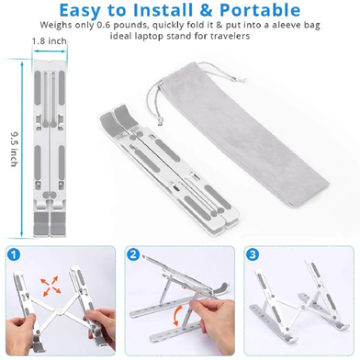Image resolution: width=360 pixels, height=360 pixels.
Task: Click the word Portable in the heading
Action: [260, 10]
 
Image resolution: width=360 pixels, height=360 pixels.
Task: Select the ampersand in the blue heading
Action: [208, 10]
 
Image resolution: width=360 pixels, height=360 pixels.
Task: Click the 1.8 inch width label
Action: [50, 41]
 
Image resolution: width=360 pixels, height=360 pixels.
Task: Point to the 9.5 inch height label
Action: [14, 149]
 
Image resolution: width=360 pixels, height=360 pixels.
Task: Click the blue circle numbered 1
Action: [13, 254]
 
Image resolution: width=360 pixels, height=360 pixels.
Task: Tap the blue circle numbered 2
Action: [133, 254]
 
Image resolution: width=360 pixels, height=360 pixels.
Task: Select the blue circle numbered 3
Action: [253, 254]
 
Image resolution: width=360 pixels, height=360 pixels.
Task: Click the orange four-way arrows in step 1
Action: [50, 286]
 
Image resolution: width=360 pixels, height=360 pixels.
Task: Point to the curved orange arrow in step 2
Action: [177, 315]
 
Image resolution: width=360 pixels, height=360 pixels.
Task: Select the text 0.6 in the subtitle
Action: [105, 25]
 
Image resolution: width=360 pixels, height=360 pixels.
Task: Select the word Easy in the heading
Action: [80, 11]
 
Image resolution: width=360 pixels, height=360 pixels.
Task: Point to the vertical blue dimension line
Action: [22, 149]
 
